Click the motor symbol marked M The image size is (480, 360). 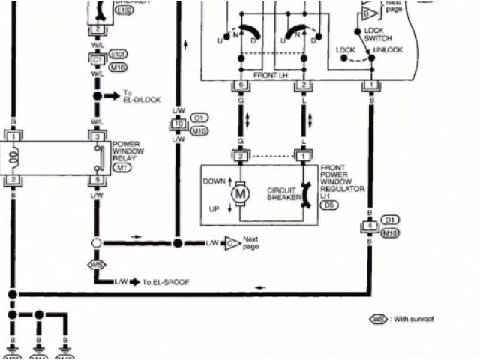(x=241, y=193)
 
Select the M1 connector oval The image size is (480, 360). (x=120, y=169)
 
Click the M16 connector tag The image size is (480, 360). (x=118, y=67)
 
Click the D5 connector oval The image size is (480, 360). (x=328, y=203)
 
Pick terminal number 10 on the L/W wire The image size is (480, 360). (x=178, y=124)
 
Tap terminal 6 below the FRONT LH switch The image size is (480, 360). (x=240, y=85)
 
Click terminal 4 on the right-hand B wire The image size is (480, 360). (x=369, y=226)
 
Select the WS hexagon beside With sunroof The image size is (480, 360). (x=378, y=319)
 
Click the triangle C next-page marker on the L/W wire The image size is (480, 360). (x=232, y=243)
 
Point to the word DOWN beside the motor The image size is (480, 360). (x=214, y=181)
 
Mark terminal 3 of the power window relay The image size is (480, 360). (x=96, y=138)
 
